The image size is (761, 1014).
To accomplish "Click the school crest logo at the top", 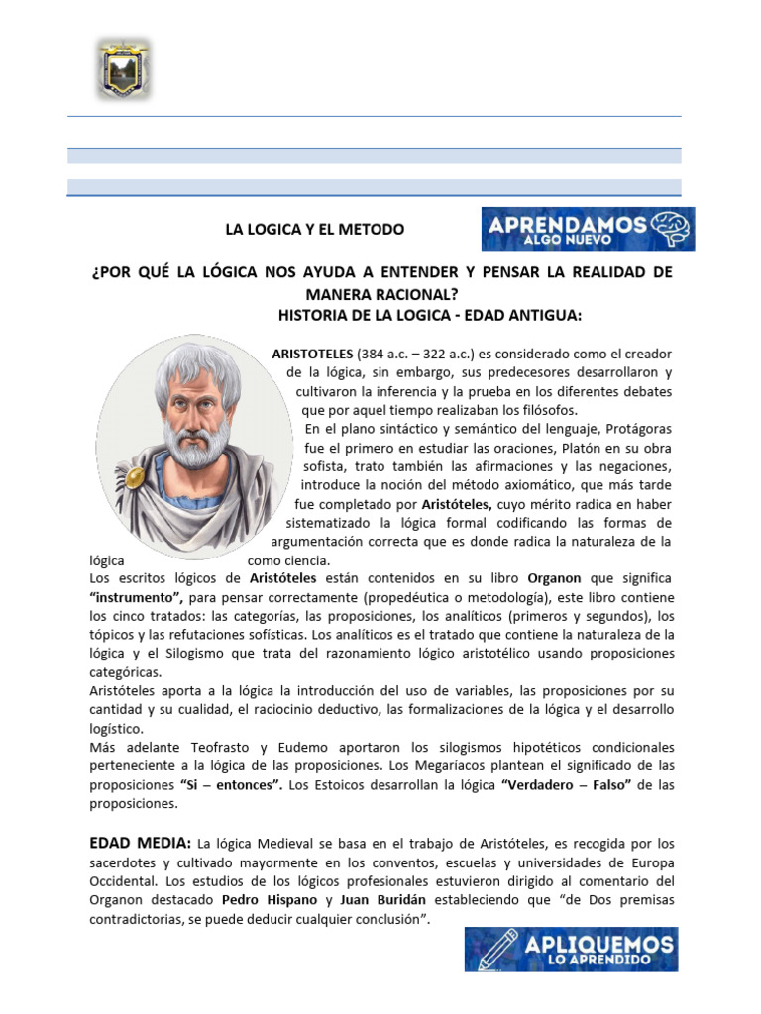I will [124, 68].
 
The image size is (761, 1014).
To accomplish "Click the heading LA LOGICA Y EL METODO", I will [315, 229].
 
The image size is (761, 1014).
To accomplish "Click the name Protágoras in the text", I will [633, 429].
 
